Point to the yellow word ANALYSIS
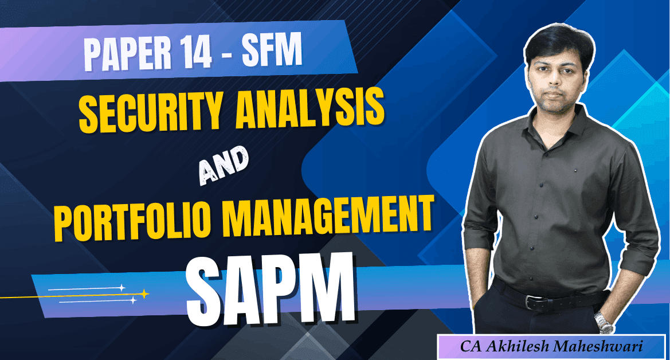(x=309, y=107)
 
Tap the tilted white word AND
(x=224, y=165)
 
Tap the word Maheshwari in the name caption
(x=598, y=346)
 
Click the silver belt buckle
(x=534, y=302)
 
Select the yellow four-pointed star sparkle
(x=144, y=294)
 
